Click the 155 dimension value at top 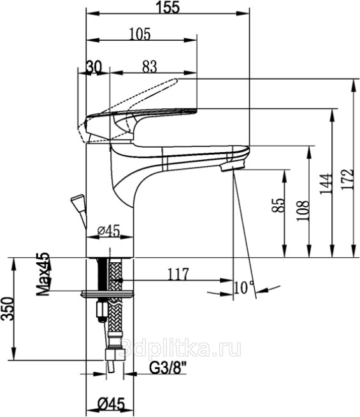tap(168, 7)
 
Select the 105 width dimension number tap(140, 34)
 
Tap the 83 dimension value tap(149, 66)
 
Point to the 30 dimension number tap(94, 67)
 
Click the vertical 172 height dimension tap(348, 179)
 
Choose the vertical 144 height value tap(326, 184)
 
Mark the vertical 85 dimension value tap(278, 205)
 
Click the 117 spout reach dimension tap(178, 274)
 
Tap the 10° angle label tap(243, 287)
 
